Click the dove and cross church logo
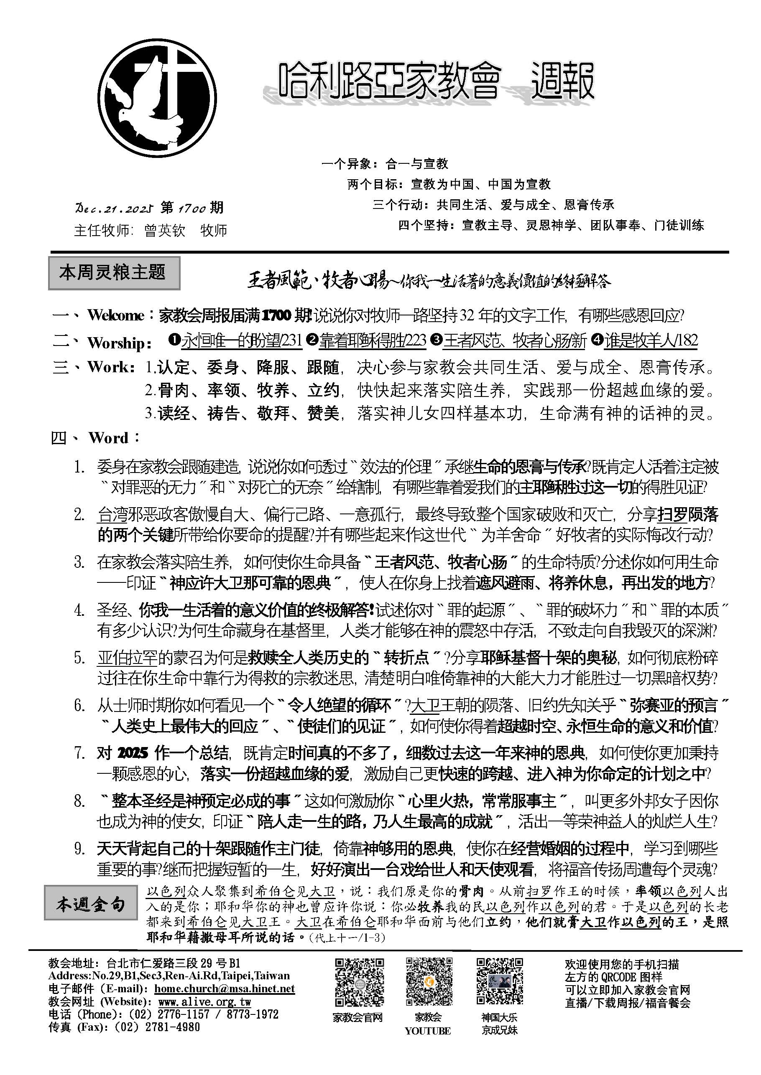pyautogui.click(x=158, y=98)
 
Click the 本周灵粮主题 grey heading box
pyautogui.click(x=114, y=272)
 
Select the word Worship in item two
pyautogui.click(x=116, y=343)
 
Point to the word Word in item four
pyautogui.click(x=108, y=438)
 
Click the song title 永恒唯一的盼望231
pyautogui.click(x=242, y=341)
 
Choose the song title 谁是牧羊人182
pyautogui.click(x=651, y=341)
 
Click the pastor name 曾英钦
pyautogui.click(x=165, y=230)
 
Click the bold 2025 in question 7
pyautogui.click(x=133, y=753)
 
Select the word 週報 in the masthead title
pyautogui.click(x=562, y=82)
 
